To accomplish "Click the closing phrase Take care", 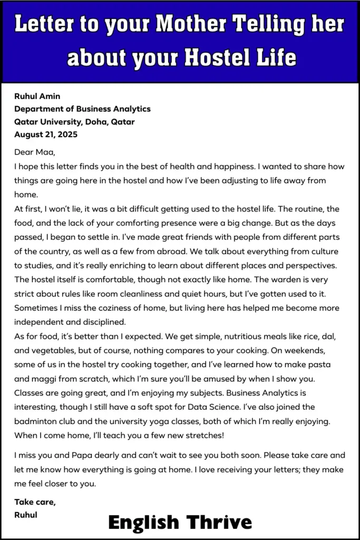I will (35, 502).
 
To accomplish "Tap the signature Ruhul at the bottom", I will (26, 515).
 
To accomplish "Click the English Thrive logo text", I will (180, 522).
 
